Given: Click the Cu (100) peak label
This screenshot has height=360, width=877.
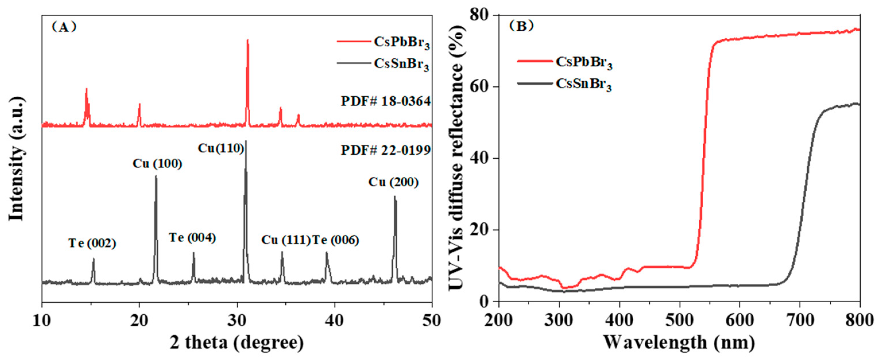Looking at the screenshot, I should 157,164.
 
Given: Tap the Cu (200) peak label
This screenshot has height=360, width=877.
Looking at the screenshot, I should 393,182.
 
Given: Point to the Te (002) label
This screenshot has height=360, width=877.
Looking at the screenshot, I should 92,243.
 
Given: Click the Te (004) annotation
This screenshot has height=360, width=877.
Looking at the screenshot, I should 192,238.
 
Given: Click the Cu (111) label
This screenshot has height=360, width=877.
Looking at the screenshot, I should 286,240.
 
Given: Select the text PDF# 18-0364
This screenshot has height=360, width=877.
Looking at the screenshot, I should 386,101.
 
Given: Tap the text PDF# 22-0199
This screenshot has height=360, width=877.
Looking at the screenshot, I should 386,150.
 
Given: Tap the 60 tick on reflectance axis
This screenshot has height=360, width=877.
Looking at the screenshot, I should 481,87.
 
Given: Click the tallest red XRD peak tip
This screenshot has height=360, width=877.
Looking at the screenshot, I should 247,40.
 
